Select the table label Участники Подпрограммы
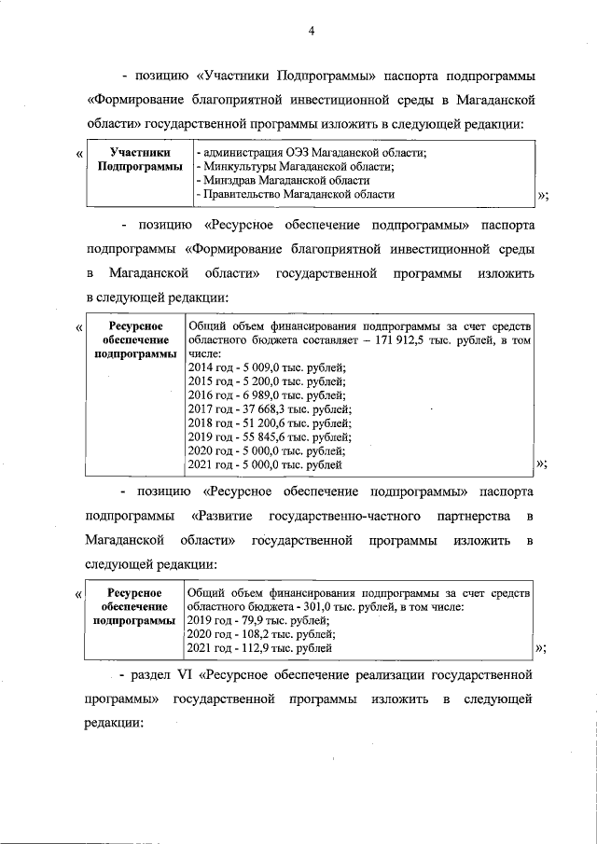point(139,159)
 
